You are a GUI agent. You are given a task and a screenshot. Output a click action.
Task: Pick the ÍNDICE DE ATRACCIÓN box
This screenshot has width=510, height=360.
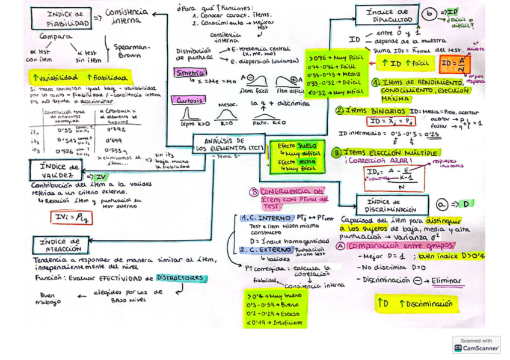coord(61,245)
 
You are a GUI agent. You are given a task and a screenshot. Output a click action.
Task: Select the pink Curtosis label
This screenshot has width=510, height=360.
coord(188,100)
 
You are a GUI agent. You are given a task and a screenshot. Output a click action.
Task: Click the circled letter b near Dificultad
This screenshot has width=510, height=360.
coord(429,13)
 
